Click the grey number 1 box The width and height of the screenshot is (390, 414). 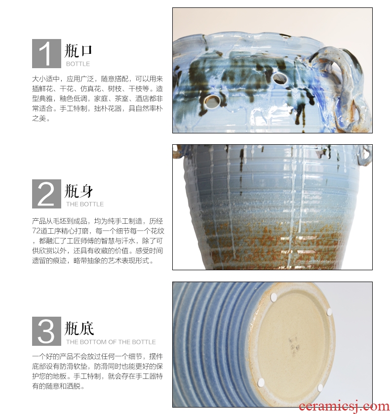tap(46, 53)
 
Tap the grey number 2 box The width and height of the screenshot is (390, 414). tap(46, 194)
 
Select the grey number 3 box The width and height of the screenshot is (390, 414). tap(46, 331)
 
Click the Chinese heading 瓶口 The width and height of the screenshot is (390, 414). tap(78, 51)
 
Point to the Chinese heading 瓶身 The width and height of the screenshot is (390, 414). tap(79, 191)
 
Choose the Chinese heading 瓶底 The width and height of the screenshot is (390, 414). tap(79, 329)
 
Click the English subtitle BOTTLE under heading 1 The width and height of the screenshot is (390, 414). tap(78, 64)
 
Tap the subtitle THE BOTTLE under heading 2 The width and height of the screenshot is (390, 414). tap(85, 204)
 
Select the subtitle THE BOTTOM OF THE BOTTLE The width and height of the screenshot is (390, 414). tap(111, 342)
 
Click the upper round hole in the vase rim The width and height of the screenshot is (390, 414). tap(280, 78)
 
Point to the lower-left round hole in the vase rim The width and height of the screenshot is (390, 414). tap(212, 101)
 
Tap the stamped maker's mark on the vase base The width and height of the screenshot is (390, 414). tap(293, 346)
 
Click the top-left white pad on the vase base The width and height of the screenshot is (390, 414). tap(273, 297)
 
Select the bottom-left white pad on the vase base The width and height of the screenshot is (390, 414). tap(261, 382)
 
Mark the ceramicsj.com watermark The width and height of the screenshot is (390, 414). tap(344, 407)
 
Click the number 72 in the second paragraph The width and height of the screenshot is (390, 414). tap(36, 231)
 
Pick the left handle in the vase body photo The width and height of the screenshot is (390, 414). tap(178, 151)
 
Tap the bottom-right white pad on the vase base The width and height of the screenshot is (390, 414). tap(320, 388)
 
